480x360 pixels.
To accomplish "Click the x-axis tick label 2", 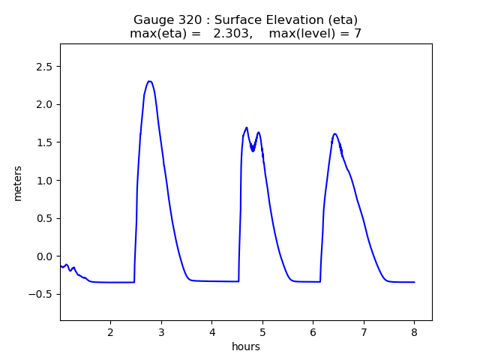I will [110, 331].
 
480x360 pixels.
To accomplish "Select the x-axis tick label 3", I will [161, 331].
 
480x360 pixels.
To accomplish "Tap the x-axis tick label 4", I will [211, 331].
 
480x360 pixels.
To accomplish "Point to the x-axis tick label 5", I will [262, 331].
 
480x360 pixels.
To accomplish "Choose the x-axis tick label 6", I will [313, 331].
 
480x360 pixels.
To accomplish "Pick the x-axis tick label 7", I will [364, 331].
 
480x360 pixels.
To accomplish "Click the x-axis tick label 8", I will [414, 331].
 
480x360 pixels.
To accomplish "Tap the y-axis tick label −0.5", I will [42, 294].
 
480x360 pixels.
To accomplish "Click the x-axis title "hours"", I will [246, 346].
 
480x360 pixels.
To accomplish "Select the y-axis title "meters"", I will [17, 183].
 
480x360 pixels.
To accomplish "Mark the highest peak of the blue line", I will [150, 81].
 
